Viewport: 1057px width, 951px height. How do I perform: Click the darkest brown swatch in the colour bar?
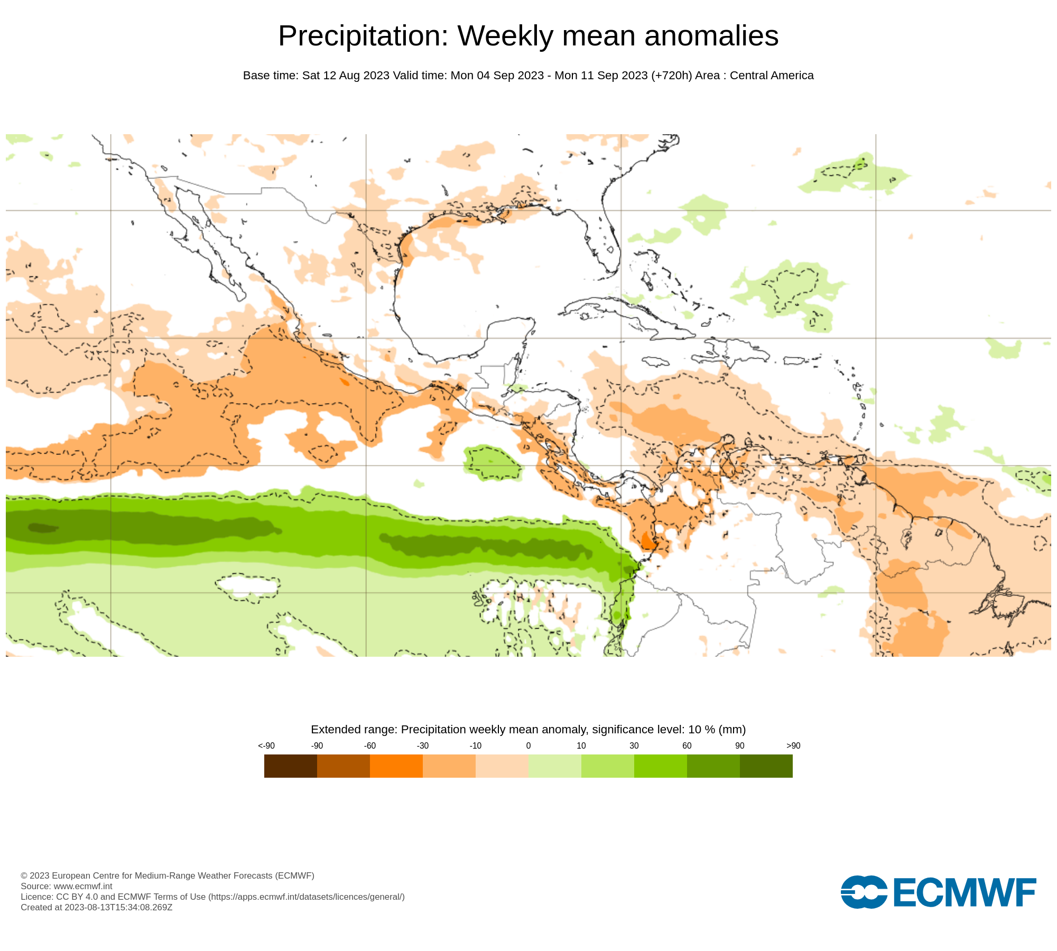pos(290,766)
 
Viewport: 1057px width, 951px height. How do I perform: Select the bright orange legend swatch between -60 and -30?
pos(396,766)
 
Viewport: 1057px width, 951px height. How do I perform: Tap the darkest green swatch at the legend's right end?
pos(766,766)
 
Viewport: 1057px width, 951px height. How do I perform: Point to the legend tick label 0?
pos(528,745)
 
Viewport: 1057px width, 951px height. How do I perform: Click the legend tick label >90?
pos(793,745)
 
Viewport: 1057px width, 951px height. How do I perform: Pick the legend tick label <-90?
pos(266,745)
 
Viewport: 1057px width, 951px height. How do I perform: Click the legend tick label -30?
pos(422,745)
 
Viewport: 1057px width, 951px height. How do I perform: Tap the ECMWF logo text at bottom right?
pos(964,892)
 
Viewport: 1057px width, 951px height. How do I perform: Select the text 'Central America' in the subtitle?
pos(772,76)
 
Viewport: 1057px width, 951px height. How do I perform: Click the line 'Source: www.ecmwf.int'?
pos(67,886)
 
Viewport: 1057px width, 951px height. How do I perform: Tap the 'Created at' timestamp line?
pos(97,907)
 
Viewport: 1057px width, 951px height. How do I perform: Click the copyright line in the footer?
pos(168,875)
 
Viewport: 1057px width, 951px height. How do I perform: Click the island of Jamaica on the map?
pos(655,362)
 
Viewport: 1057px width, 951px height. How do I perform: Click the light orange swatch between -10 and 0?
pos(502,766)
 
